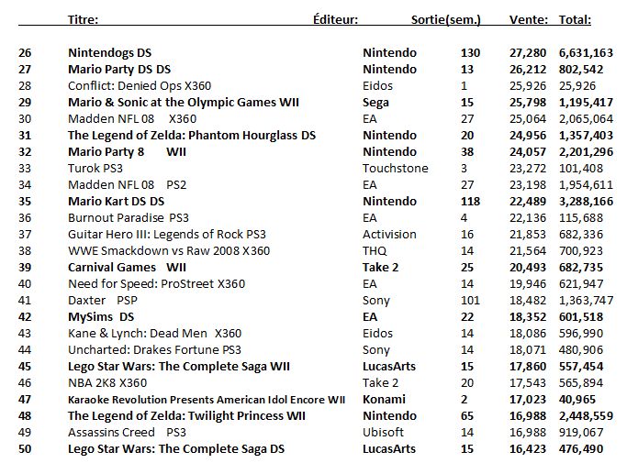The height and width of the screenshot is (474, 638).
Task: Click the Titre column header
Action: [83, 19]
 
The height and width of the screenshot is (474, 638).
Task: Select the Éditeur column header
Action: [336, 19]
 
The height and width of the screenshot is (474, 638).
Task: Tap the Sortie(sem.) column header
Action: [446, 19]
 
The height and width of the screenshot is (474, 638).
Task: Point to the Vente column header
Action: [529, 19]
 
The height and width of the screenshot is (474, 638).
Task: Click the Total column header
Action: [575, 19]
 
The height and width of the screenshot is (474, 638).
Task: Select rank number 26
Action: [25, 53]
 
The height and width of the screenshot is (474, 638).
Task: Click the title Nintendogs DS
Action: [110, 53]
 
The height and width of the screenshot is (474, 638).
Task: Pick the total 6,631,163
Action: [586, 53]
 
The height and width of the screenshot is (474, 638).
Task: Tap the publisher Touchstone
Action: [396, 169]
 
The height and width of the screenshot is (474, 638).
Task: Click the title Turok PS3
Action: [95, 169]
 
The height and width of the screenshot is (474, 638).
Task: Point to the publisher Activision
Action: [389, 234]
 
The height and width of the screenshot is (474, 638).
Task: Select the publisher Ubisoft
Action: [384, 432]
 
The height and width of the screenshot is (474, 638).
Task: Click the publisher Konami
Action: [384, 399]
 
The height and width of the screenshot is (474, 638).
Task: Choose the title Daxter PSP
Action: [103, 301]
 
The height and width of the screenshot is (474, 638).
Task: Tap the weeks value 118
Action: [470, 201]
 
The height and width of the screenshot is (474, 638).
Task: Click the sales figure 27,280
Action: [528, 53]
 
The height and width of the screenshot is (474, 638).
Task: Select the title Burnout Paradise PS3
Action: [129, 218]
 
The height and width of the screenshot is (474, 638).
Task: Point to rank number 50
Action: [25, 449]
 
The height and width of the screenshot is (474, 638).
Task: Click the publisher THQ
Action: [375, 251]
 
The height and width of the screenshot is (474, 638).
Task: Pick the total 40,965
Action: [577, 399]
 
